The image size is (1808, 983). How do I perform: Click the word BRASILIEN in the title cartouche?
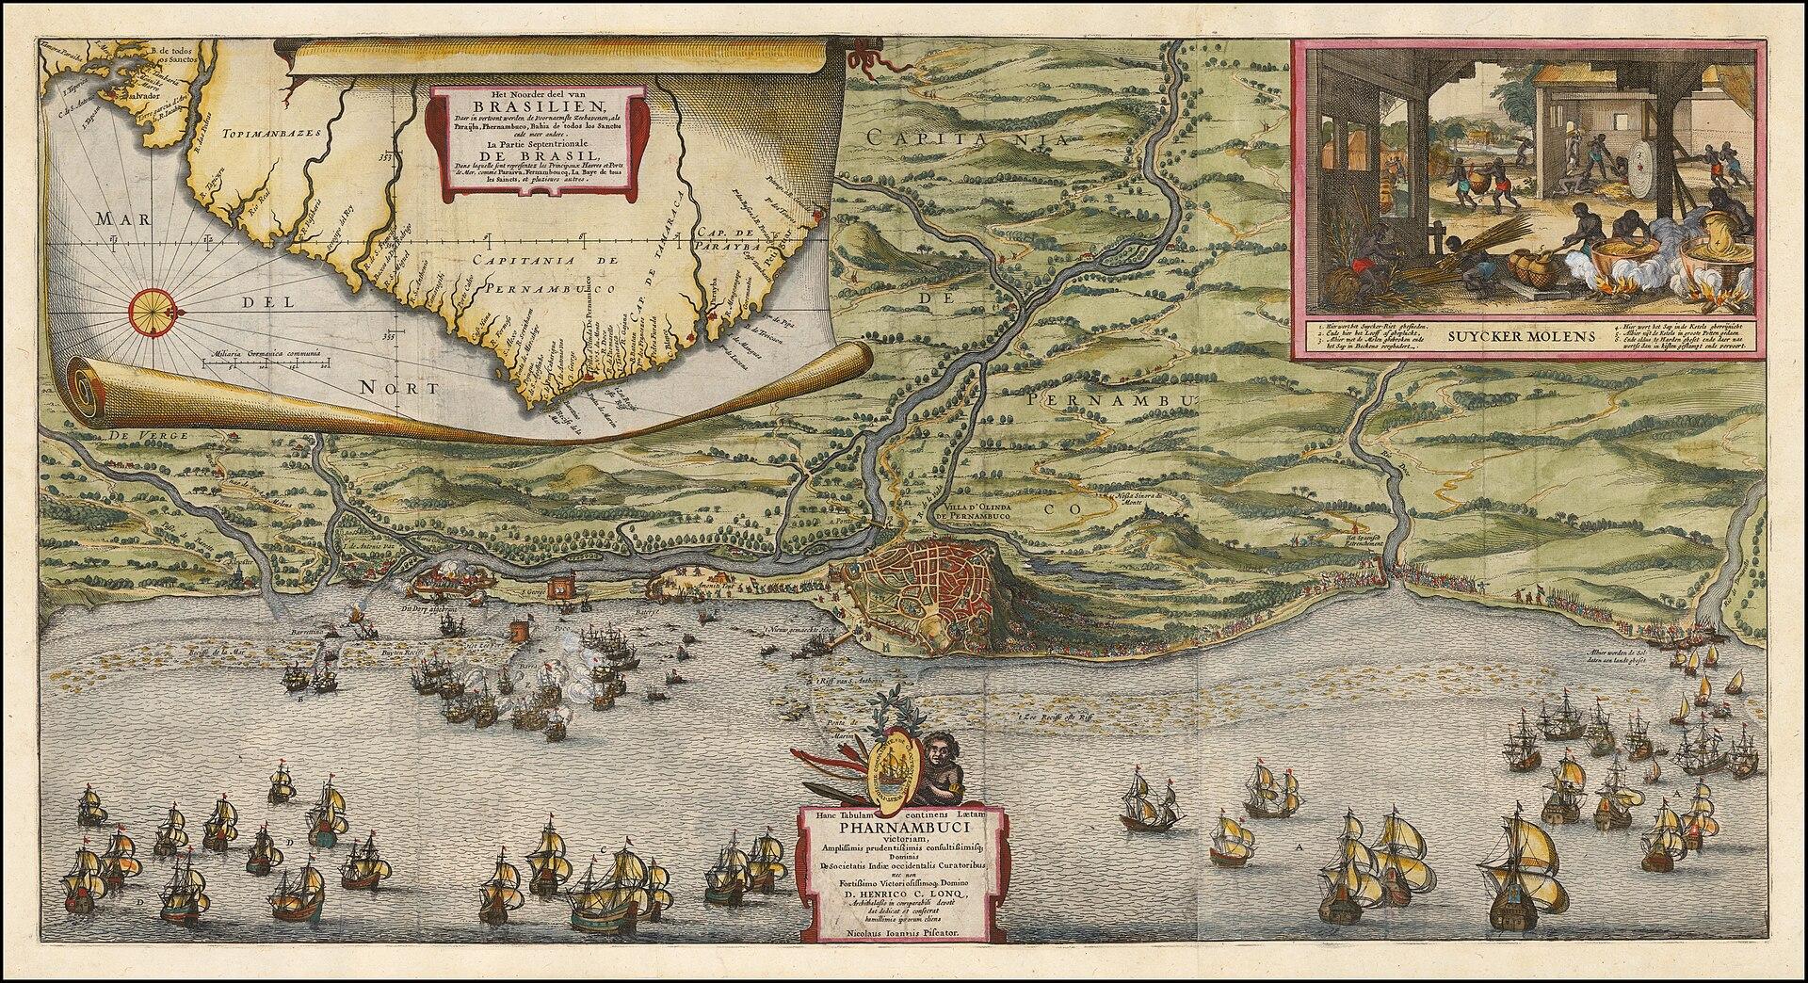[x=535, y=105]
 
